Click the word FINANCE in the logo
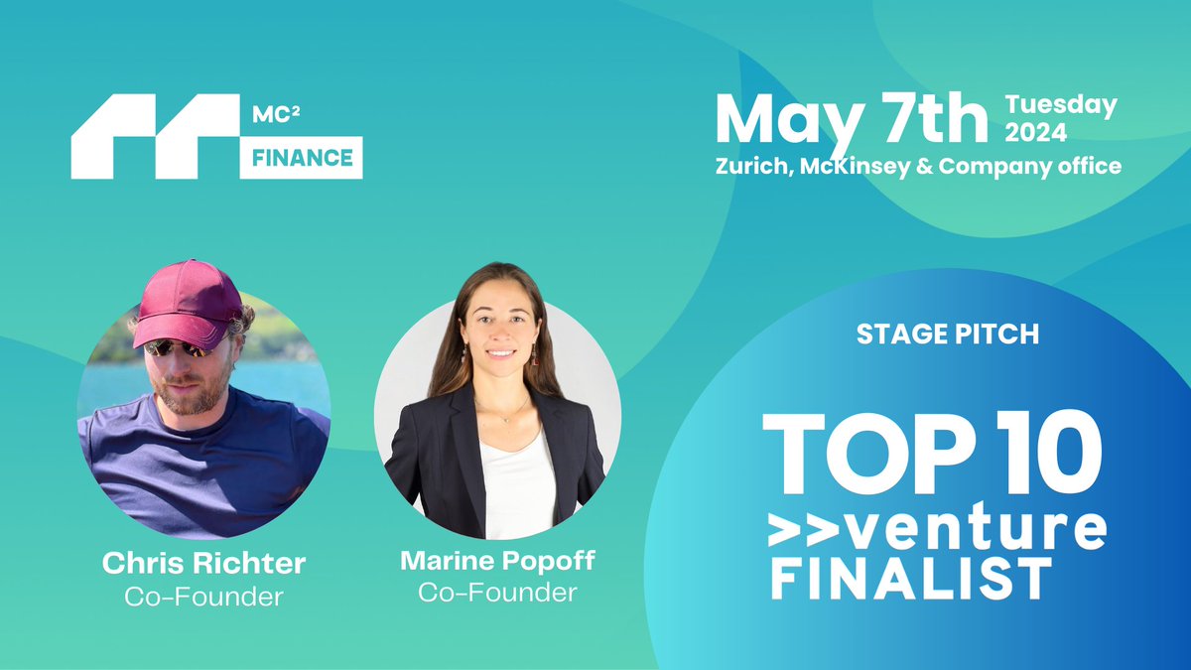point(302,158)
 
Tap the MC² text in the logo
point(276,114)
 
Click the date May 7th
point(852,120)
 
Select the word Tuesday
point(1061,105)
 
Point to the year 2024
point(1036,132)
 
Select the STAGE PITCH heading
point(948,335)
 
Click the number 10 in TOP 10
point(1046,453)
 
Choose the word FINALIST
point(911,579)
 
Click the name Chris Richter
point(204,563)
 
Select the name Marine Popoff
point(497,562)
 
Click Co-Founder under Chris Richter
point(203,597)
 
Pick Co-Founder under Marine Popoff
point(497,593)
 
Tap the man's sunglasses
point(178,348)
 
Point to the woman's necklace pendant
point(507,420)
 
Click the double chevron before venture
point(807,531)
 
